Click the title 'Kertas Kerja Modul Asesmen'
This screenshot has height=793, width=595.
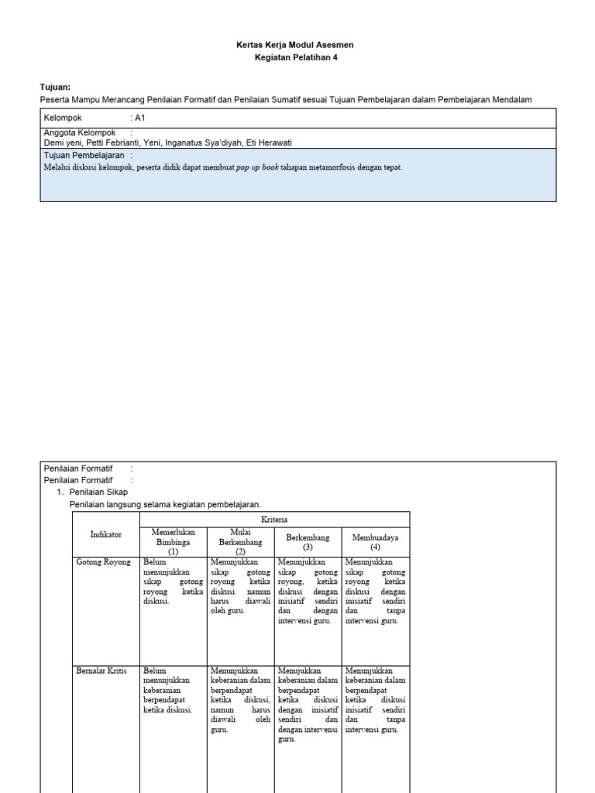(x=294, y=45)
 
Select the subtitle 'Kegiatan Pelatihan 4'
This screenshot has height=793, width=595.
(x=297, y=57)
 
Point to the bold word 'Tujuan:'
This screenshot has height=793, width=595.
(x=55, y=88)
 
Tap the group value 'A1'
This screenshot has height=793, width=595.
(x=140, y=118)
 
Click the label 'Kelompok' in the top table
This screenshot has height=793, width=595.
(x=63, y=118)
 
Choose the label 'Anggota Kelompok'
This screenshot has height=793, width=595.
(x=79, y=133)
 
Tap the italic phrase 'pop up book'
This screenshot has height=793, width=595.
(x=257, y=167)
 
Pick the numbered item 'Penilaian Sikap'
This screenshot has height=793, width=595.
(x=98, y=492)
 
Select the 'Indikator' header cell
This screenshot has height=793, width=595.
(x=106, y=534)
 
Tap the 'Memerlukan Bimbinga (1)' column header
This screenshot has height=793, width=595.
(x=173, y=542)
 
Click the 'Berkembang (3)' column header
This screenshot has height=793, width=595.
(x=308, y=541)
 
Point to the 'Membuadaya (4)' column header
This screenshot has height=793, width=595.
(x=375, y=541)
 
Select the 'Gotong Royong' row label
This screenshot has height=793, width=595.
(x=103, y=561)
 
